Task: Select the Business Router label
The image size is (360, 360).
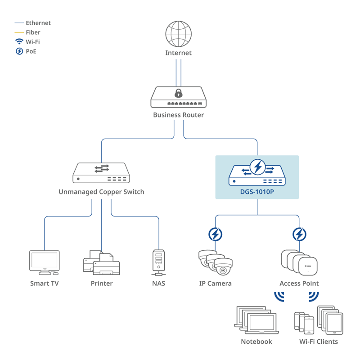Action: coord(178,115)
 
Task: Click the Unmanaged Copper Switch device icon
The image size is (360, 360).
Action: coord(101,173)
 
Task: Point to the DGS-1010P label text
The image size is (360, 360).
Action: coord(257,192)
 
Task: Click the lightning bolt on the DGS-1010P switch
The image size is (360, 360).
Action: coord(257,167)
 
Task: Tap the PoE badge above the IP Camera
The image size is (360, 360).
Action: coord(216,234)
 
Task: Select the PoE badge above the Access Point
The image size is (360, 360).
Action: coord(299,234)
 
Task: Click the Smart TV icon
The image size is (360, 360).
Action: coord(44,262)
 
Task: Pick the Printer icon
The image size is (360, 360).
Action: coord(101,264)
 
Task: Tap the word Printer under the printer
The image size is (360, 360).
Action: coord(101,283)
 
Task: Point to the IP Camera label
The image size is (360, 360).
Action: coord(215,283)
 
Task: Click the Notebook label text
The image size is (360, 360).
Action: coord(256,342)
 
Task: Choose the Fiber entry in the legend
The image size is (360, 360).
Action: coord(33,32)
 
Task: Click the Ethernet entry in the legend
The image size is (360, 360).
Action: coord(38,23)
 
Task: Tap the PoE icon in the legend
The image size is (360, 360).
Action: coord(19,51)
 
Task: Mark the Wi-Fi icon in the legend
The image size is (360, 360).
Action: coord(19,41)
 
